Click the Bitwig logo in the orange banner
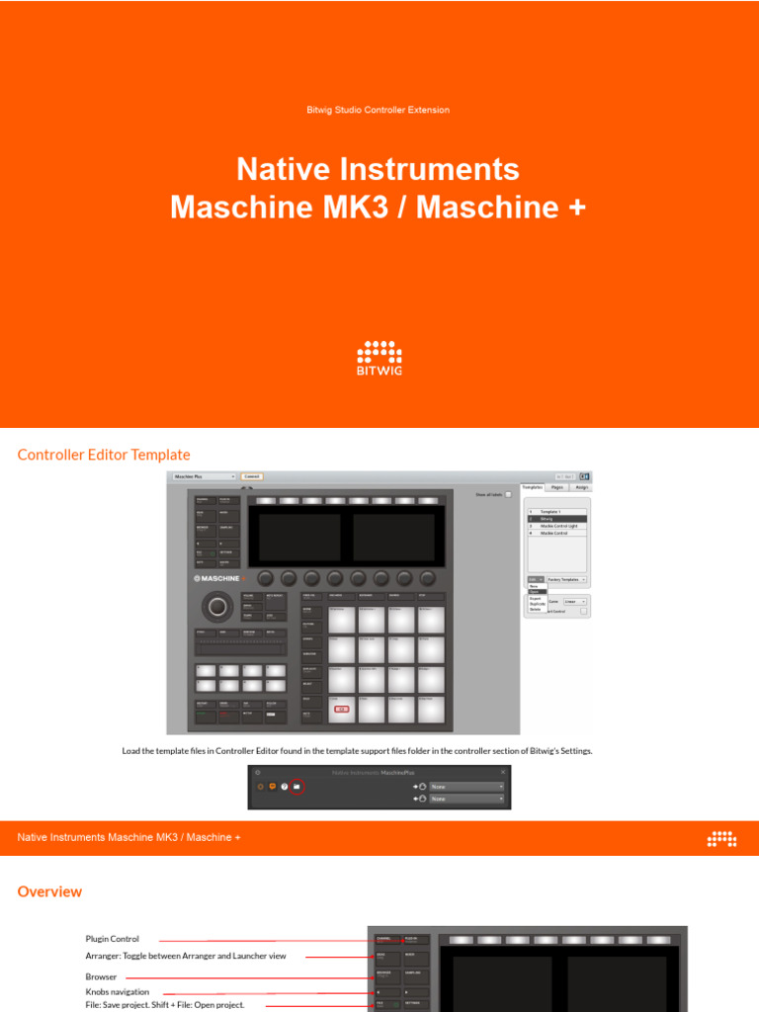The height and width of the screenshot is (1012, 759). (x=379, y=358)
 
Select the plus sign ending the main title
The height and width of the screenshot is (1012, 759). (x=576, y=208)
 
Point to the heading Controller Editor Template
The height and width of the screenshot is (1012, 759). (x=104, y=455)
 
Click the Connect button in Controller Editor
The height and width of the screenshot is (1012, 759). (x=252, y=476)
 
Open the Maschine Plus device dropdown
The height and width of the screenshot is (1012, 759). (x=205, y=476)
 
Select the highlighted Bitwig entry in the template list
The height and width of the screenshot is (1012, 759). (x=556, y=518)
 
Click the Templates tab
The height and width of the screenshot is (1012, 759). (x=533, y=487)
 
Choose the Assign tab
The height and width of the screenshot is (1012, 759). (x=581, y=487)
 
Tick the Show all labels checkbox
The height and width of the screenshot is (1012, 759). (x=508, y=494)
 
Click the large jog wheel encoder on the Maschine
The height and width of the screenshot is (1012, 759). (x=215, y=605)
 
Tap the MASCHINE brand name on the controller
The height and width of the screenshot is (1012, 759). (x=217, y=578)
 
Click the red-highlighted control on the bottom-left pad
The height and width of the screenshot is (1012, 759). (x=342, y=709)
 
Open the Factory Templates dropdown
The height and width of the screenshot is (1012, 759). (x=566, y=579)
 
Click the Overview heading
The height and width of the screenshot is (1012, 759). (x=49, y=891)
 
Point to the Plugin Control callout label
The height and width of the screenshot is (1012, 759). (x=112, y=939)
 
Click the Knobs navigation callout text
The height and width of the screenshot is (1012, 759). (x=117, y=991)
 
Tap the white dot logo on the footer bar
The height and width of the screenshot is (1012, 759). (x=721, y=839)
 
